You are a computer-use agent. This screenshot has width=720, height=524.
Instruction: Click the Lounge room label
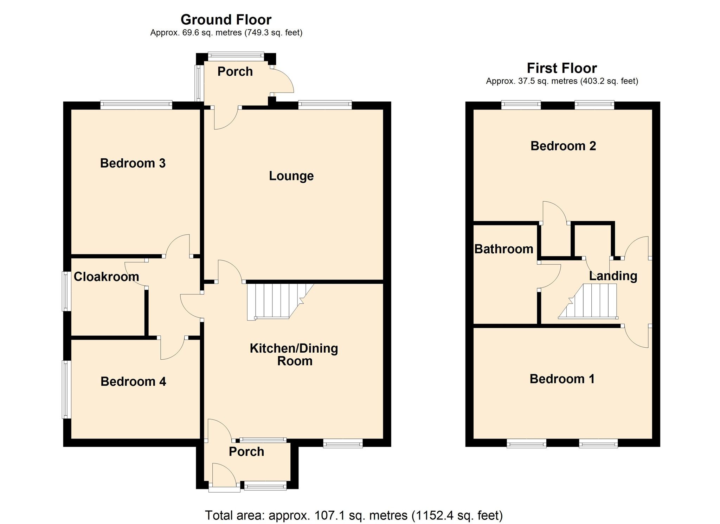(291, 176)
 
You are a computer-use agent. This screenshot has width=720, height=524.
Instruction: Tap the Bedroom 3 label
(133, 163)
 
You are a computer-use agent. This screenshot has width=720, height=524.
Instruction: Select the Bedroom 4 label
(133, 381)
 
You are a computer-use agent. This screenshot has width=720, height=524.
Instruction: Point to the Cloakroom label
(106, 277)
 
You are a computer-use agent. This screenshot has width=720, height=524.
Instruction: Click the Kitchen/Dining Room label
(294, 354)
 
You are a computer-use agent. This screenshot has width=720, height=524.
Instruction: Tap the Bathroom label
(504, 249)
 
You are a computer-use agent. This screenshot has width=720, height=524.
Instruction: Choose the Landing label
(613, 276)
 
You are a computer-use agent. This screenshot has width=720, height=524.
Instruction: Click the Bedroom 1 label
(562, 379)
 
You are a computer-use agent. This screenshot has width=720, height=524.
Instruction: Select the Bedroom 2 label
(563, 146)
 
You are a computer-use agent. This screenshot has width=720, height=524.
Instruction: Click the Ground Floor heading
(226, 20)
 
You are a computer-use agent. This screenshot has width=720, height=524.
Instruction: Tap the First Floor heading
(562, 68)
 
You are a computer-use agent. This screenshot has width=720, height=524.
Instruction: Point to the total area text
(354, 516)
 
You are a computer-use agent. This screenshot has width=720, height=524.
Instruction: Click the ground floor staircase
(280, 302)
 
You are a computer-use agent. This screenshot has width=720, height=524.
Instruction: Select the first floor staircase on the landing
(588, 301)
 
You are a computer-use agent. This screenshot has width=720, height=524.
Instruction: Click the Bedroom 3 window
(136, 105)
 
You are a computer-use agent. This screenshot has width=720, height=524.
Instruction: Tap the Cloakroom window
(66, 291)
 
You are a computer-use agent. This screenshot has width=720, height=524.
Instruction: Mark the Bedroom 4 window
(66, 390)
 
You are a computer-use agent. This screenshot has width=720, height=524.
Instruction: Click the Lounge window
(325, 105)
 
